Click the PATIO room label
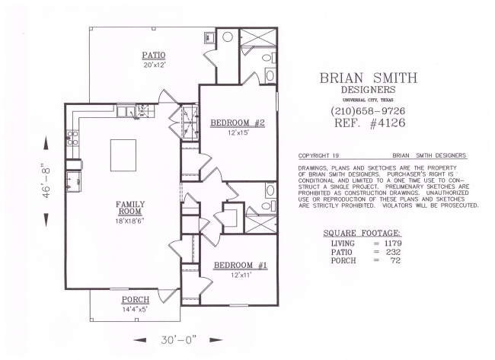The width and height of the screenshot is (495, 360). [x=153, y=56]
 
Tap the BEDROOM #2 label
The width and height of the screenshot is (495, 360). [x=238, y=123]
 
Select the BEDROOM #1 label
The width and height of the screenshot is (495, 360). [x=241, y=266]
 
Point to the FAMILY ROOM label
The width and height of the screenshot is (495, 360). [x=129, y=208]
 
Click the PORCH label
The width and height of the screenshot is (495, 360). [x=136, y=299]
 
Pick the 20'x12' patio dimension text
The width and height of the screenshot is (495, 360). [x=154, y=65]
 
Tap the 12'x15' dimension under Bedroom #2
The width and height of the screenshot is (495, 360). [x=238, y=133]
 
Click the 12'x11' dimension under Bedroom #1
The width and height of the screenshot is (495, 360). [x=241, y=275]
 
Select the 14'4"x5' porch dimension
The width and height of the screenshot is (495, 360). [x=135, y=310]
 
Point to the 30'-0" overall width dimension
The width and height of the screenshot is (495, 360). [x=178, y=339]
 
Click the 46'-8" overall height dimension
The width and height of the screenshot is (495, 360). [x=46, y=180]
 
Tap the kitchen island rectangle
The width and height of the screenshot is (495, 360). [x=123, y=155]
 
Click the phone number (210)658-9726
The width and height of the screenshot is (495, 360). [x=368, y=111]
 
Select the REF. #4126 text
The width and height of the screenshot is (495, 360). [x=369, y=123]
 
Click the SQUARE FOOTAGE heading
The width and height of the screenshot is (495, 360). [x=362, y=233]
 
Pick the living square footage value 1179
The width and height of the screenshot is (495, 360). [x=393, y=244]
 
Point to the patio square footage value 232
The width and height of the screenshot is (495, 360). [x=393, y=252]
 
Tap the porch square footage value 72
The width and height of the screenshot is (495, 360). [x=396, y=260]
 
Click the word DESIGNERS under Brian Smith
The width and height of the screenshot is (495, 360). [x=368, y=90]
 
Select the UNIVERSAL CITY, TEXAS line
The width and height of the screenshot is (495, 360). [x=368, y=100]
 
